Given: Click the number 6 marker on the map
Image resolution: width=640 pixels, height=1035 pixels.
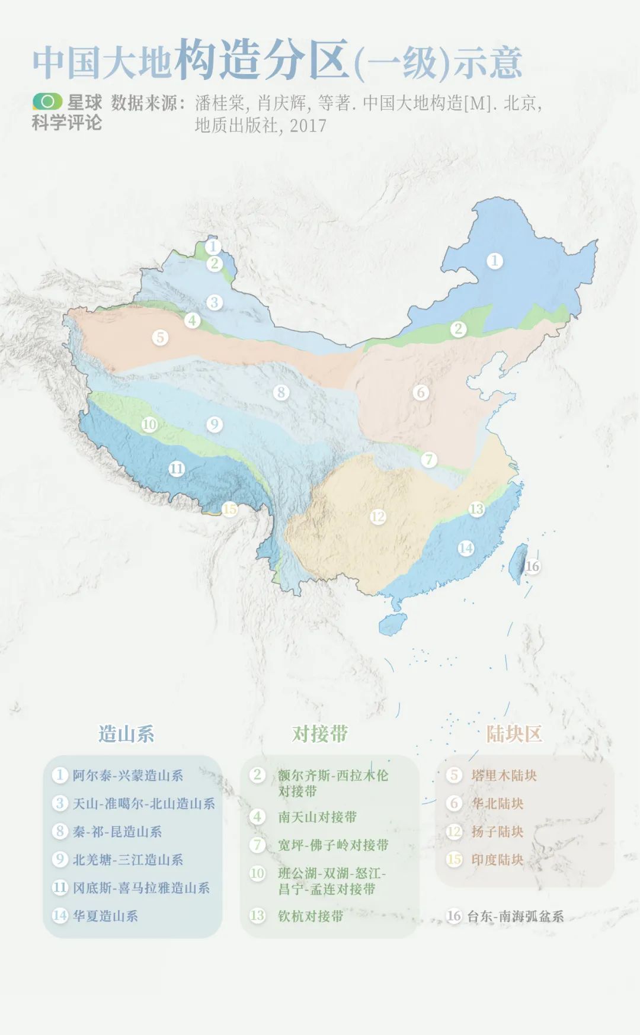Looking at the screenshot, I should pyautogui.click(x=421, y=392).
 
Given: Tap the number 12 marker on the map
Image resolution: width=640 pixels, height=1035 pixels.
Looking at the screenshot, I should pyautogui.click(x=378, y=516).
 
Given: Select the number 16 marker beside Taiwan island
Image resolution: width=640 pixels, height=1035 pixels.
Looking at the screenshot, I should pyautogui.click(x=532, y=566).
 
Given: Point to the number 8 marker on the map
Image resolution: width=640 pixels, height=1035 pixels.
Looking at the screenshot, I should pyautogui.click(x=281, y=392).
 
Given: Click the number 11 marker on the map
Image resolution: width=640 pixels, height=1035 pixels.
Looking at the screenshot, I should pyautogui.click(x=177, y=469).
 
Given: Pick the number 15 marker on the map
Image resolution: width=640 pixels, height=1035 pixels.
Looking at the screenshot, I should pyautogui.click(x=229, y=509).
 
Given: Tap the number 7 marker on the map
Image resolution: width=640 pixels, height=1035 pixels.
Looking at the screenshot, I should pyautogui.click(x=429, y=459).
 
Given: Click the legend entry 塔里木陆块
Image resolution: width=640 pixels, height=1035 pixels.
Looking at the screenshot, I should pyautogui.click(x=504, y=775).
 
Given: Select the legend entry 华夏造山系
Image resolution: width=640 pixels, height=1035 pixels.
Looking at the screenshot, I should pyautogui.click(x=105, y=916).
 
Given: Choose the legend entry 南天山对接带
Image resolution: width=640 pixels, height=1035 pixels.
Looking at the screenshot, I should pyautogui.click(x=317, y=817).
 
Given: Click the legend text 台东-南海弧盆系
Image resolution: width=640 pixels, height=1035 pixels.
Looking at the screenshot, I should pyautogui.click(x=515, y=916).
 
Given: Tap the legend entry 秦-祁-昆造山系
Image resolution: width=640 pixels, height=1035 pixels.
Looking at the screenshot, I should pyautogui.click(x=117, y=831).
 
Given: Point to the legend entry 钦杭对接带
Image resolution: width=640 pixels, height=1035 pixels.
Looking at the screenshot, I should pyautogui.click(x=311, y=916).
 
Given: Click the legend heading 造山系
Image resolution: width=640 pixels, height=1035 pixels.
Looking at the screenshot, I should pyautogui.click(x=126, y=734).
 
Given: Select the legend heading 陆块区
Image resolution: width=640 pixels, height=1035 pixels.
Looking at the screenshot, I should pyautogui.click(x=514, y=734).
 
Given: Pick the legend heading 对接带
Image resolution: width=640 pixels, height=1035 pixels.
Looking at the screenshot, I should pyautogui.click(x=320, y=734).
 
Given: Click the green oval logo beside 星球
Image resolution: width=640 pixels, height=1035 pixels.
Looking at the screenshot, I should pyautogui.click(x=47, y=101).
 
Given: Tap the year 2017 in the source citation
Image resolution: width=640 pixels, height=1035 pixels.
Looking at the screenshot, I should pyautogui.click(x=308, y=125).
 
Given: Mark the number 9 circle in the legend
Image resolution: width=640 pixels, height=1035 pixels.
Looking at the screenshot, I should pyautogui.click(x=60, y=859).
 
